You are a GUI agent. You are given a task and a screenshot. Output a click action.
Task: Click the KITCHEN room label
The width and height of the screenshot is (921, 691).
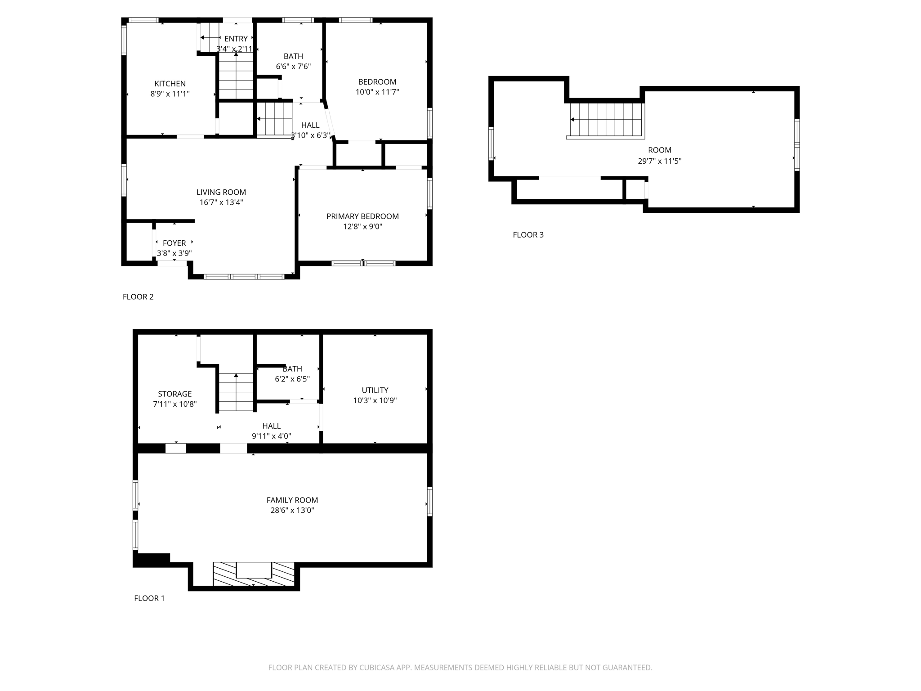[170, 84]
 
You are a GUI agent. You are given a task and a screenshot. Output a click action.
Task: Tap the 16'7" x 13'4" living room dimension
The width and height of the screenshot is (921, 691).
[221, 202]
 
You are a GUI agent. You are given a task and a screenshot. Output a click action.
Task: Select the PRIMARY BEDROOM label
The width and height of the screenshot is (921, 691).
[362, 216]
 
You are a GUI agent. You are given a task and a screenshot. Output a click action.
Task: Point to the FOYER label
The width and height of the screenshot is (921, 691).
[174, 243]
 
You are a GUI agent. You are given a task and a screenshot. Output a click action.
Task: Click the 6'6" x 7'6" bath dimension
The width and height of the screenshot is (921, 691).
[293, 67]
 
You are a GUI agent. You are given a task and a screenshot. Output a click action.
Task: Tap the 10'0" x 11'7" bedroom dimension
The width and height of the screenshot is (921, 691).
[377, 92]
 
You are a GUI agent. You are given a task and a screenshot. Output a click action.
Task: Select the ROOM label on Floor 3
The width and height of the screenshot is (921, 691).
[659, 150]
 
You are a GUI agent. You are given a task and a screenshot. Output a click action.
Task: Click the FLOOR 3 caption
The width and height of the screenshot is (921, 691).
[528, 235]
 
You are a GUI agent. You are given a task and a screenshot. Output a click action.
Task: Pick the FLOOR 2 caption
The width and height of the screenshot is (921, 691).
[138, 297]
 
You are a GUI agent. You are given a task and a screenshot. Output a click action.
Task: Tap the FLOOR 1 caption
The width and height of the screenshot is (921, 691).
[149, 598]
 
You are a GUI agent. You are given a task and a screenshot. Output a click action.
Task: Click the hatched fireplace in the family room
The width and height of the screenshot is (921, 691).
[254, 574]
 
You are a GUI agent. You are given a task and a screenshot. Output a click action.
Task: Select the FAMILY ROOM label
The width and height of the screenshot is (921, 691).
[292, 500]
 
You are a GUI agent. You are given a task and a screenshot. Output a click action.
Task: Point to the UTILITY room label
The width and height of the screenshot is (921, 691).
[375, 390]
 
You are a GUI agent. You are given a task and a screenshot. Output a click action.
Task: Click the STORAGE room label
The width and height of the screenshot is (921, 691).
[174, 394]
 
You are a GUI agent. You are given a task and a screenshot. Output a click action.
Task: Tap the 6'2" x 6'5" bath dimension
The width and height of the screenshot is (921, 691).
[292, 379]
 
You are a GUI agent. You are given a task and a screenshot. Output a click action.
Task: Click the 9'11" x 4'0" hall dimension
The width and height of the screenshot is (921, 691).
[271, 436]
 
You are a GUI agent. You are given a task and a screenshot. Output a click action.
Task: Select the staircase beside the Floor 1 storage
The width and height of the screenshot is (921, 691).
[236, 392]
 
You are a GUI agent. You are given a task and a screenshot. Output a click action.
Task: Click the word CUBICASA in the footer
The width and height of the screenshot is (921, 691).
[376, 668]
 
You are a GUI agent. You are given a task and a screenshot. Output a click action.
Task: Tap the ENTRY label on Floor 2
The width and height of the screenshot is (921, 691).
[236, 39]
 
